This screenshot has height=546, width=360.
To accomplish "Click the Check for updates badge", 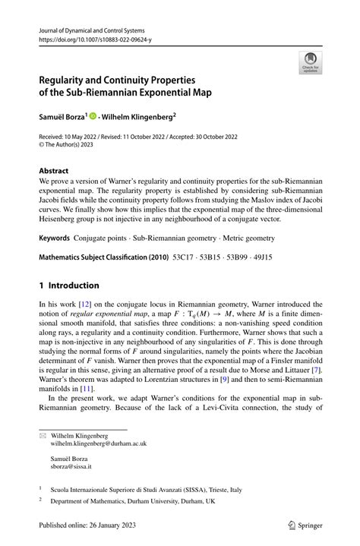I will coord(309,63).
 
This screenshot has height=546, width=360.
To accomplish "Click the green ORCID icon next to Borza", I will coord(94,117).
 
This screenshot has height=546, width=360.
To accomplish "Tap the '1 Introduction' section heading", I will coord(69,286).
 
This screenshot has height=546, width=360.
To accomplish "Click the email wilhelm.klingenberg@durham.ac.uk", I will coord(98,443).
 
